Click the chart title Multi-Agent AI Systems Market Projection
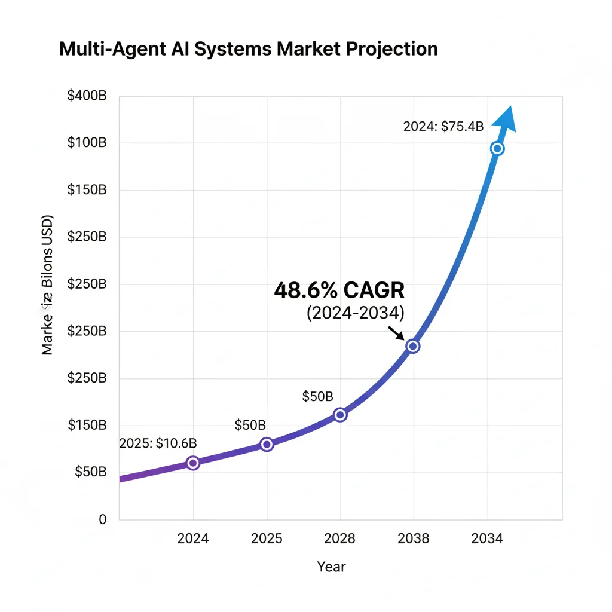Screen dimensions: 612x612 click(248, 49)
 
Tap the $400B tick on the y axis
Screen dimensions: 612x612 click(87, 96)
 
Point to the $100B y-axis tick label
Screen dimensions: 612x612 click(87, 143)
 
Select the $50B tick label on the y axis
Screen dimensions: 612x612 click(91, 472)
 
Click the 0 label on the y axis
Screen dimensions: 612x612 click(102, 519)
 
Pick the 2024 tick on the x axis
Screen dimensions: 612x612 click(193, 538)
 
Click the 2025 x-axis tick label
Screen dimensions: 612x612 click(267, 538)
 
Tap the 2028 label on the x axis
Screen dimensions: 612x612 click(339, 538)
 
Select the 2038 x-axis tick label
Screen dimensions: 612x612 click(413, 538)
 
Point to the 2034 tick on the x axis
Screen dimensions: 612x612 click(486, 538)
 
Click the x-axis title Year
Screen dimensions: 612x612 click(331, 567)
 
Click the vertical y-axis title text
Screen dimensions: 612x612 click(48, 284)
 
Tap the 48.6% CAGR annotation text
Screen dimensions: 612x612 click(339, 290)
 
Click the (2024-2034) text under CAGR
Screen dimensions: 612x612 click(355, 313)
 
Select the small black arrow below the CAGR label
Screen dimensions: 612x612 click(396, 332)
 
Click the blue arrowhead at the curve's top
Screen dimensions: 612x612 click(506, 118)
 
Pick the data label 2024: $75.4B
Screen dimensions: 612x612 click(443, 127)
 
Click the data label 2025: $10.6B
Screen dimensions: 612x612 click(158, 443)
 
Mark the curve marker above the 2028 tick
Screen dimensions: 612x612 click(340, 415)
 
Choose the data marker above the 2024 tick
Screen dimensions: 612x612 click(193, 463)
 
